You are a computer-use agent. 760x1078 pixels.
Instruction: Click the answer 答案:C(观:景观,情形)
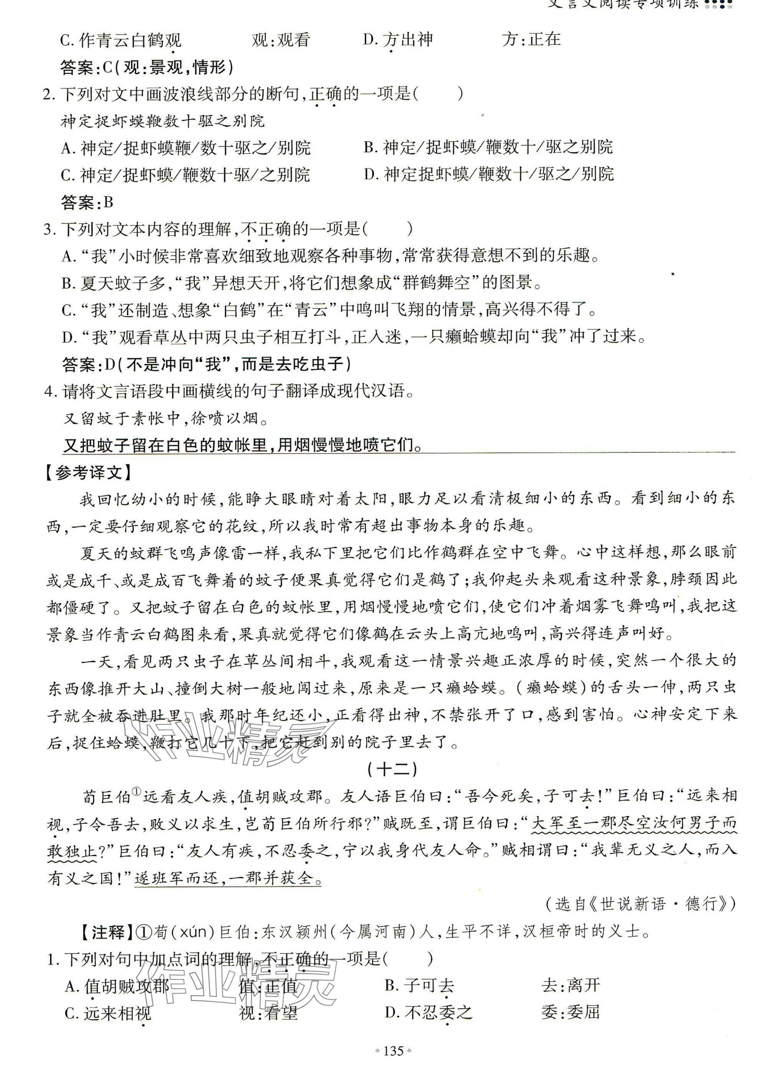coord(147,68)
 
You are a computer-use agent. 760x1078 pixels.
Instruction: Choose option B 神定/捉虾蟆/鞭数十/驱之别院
coord(489,147)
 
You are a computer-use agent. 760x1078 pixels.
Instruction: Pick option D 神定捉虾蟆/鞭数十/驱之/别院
coord(489,175)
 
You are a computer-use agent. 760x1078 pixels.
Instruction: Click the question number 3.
coord(48,229)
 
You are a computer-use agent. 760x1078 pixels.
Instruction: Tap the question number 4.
coord(49,391)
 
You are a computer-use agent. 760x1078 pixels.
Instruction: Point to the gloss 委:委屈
coord(571,1012)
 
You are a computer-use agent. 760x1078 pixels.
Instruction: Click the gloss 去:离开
coord(571,985)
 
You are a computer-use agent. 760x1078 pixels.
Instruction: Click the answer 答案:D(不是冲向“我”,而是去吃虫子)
coord(207,363)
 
